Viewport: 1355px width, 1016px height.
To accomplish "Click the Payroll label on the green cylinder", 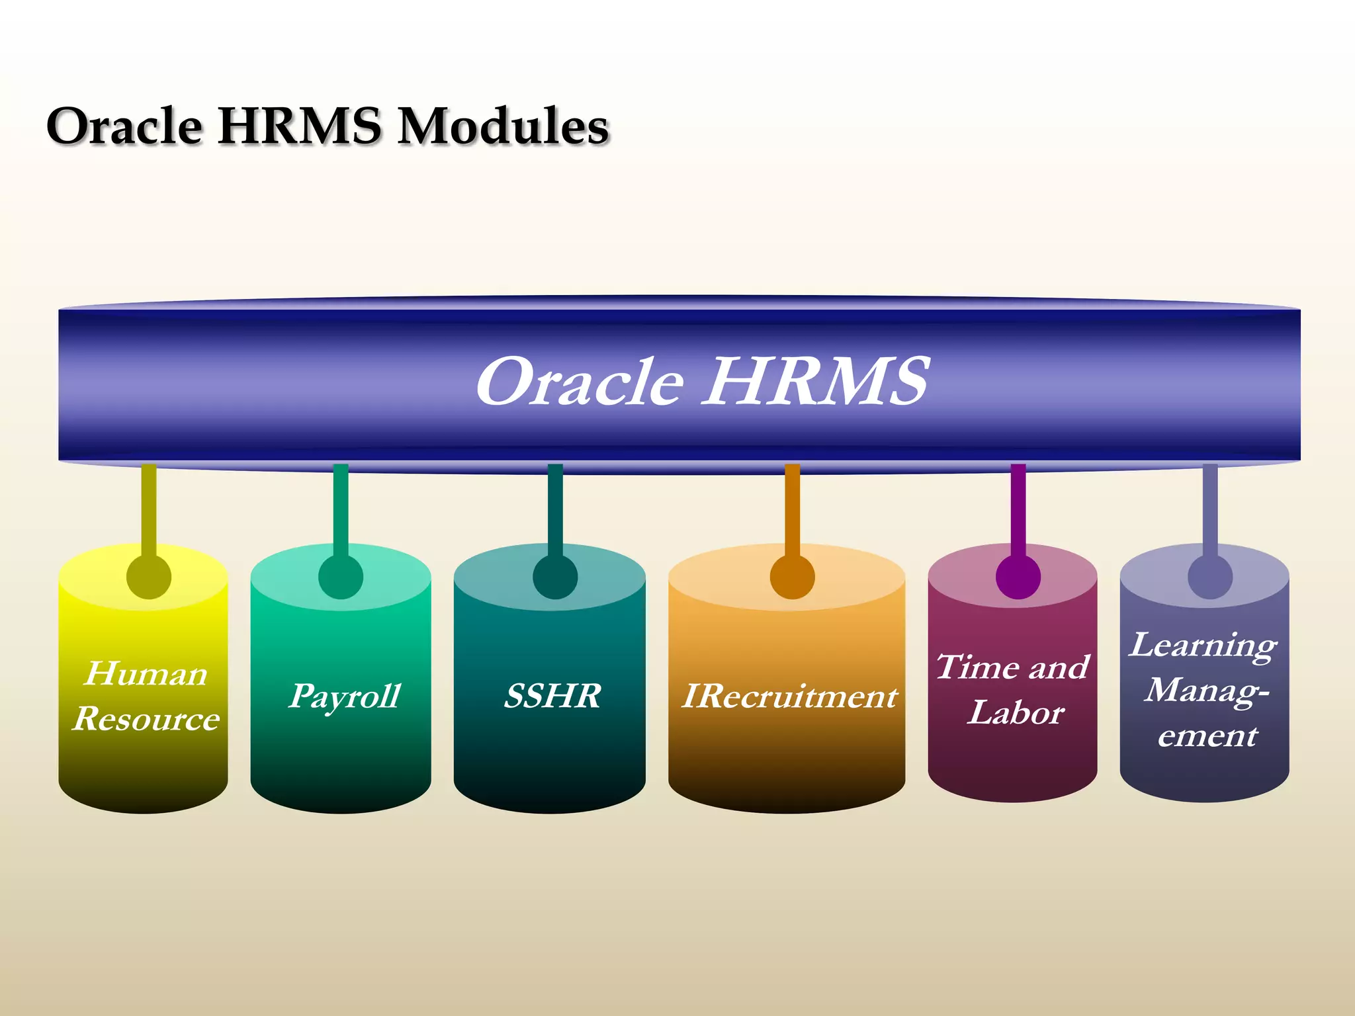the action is pos(344,697).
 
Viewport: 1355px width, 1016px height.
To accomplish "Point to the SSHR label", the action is pos(552,696).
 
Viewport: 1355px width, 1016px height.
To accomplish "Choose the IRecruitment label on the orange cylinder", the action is pos(789,696).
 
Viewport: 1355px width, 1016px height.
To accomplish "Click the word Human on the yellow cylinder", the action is pos(146,673).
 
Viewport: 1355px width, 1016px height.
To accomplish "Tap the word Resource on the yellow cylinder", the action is pos(146,718).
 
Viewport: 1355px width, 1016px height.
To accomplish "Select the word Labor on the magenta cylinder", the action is pos(1016,712).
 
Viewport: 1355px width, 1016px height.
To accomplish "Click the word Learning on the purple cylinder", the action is pos(1203,645).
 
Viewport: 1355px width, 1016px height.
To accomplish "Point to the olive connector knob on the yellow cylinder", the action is pos(149,577).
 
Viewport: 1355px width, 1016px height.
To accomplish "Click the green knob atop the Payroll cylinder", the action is pos(341,577).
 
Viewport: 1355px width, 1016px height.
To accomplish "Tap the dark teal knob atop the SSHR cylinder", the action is pos(555,577).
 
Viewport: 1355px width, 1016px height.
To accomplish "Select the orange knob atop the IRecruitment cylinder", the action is pos(792,577).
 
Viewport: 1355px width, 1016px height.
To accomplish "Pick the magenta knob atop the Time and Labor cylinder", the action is pos(1018,577).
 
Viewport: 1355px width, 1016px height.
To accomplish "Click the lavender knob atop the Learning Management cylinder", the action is pos(1210,577).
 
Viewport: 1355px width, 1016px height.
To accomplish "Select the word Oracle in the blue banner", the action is pos(580,382).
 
